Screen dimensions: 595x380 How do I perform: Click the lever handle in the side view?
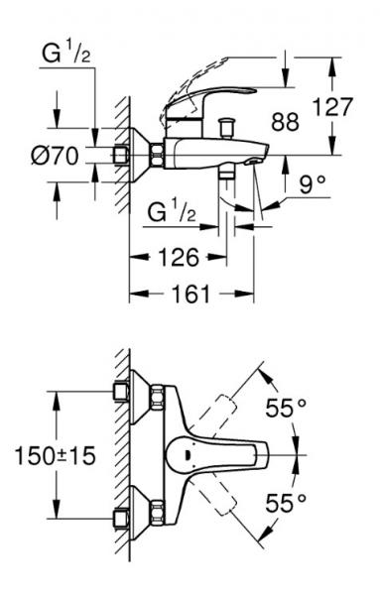pos(198,105)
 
